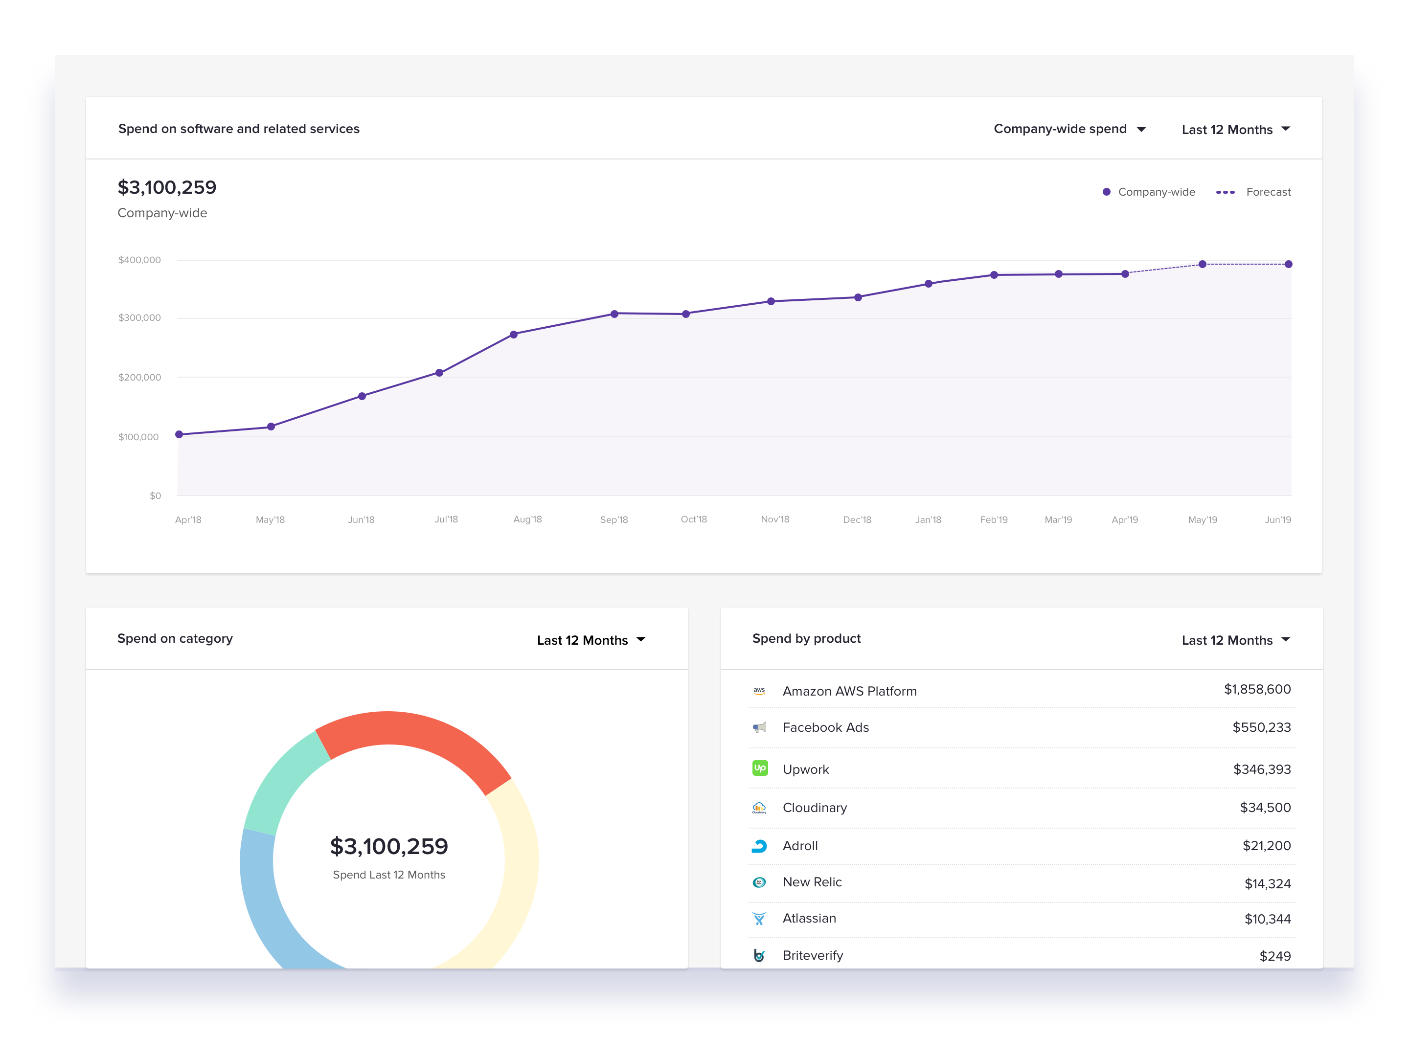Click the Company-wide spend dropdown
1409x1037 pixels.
1068,129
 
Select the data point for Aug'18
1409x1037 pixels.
514,335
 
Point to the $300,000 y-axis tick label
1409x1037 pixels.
139,317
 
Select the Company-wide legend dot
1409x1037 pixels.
1106,192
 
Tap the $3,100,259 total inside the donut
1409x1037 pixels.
388,847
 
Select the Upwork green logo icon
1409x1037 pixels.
760,768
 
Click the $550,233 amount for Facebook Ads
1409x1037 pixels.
1261,727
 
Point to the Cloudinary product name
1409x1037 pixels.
815,808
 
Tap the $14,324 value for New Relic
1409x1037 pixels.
1267,884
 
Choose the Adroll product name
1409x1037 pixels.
800,846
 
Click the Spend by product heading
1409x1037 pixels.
806,638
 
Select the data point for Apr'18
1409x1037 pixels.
179,434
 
